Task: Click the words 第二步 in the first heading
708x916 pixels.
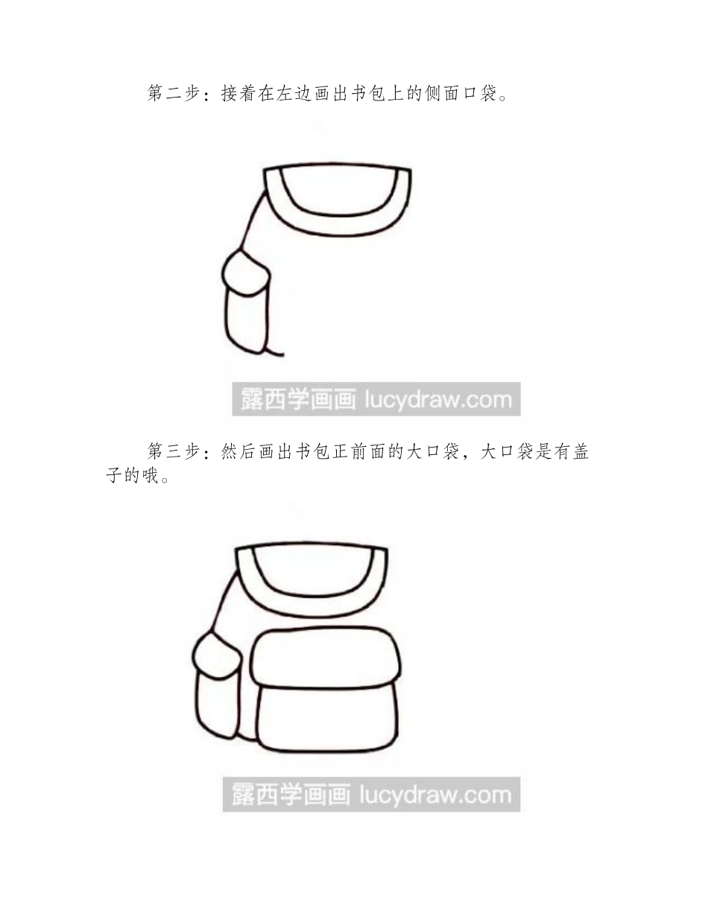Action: point(174,94)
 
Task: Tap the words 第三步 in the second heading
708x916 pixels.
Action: point(174,451)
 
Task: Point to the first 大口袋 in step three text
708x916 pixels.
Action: point(430,451)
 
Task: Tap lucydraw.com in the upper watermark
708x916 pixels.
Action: point(437,400)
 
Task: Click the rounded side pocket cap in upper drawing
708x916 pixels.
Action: point(247,274)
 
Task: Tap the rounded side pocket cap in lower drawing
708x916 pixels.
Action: point(216,653)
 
